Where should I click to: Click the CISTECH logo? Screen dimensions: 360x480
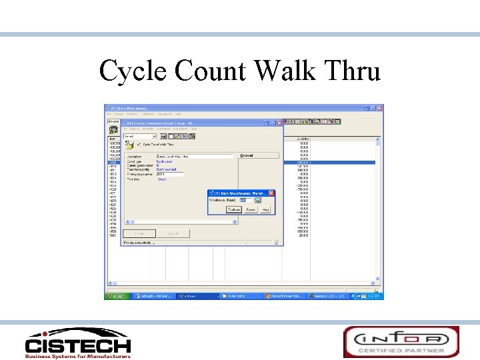pyautogui.click(x=77, y=342)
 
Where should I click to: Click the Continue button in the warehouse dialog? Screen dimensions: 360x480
pyautogui.click(x=233, y=209)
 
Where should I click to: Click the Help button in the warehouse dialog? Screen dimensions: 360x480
pyautogui.click(x=265, y=209)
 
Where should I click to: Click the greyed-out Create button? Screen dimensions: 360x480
pyautogui.click(x=140, y=233)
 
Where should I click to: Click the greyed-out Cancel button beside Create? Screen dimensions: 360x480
pyautogui.click(x=173, y=233)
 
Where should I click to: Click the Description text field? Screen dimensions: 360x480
pyautogui.click(x=190, y=156)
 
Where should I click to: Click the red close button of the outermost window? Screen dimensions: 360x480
pyautogui.click(x=380, y=108)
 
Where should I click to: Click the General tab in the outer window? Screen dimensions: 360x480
pyautogui.click(x=113, y=121)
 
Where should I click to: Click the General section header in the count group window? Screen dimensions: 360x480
pyautogui.click(x=247, y=156)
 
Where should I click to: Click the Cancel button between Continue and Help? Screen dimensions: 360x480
pyautogui.click(x=250, y=209)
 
